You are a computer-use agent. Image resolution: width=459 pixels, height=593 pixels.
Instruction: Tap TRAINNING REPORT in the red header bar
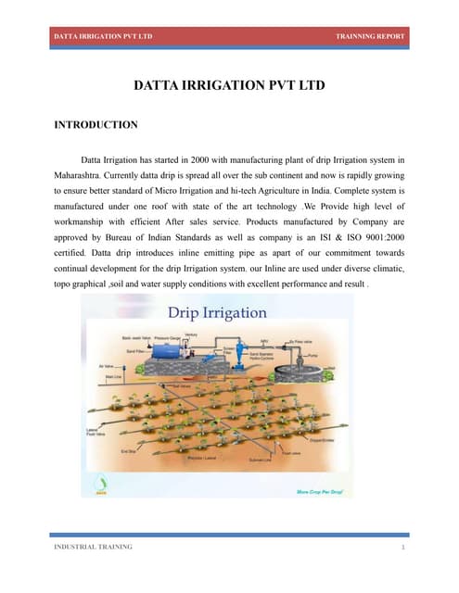point(370,36)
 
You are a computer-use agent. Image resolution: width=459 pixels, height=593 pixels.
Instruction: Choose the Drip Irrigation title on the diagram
point(216,313)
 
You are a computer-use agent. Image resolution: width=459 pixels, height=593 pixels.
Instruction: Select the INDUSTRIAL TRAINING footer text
point(92,547)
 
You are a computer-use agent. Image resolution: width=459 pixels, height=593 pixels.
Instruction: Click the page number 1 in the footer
point(403,548)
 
